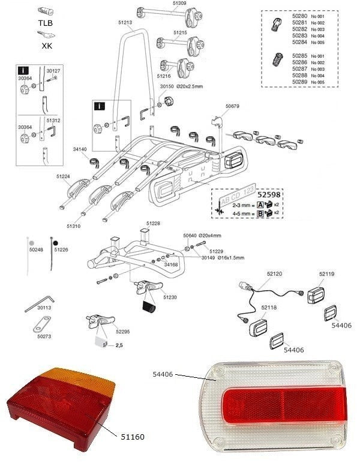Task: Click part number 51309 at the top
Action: coord(179,4)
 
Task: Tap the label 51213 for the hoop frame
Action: coord(125,22)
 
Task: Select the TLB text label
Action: coord(45,22)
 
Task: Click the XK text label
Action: coord(46,44)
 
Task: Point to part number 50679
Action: coord(232,106)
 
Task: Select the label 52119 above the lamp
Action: coord(326,273)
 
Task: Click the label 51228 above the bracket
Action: coord(153,223)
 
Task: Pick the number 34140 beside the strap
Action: coord(80,149)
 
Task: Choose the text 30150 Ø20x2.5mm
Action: coord(182,86)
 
